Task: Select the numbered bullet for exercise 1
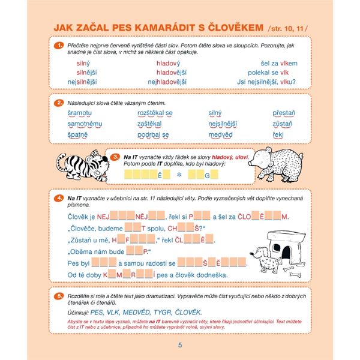point(59,45)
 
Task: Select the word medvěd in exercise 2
point(220,135)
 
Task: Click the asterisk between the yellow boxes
point(178,175)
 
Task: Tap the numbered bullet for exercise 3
point(116,157)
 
